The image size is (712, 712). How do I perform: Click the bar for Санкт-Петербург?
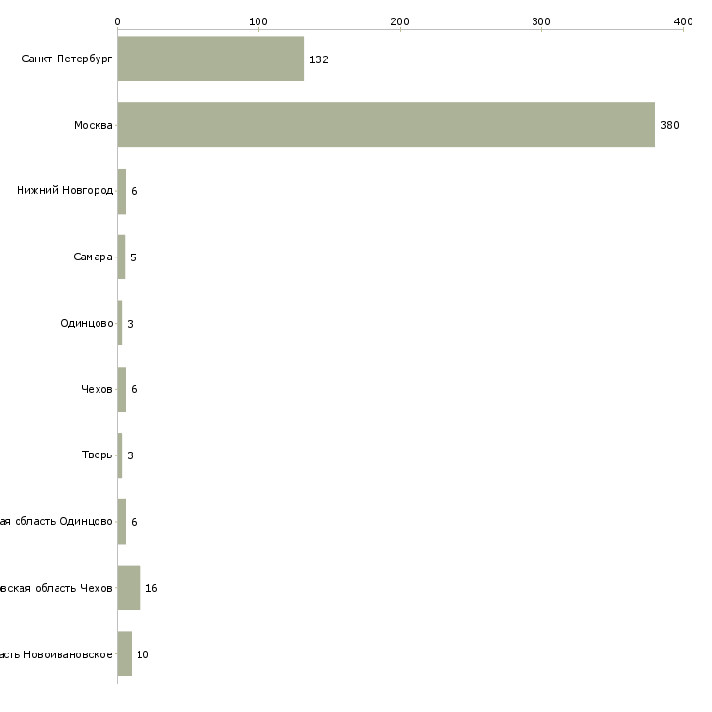tap(211, 59)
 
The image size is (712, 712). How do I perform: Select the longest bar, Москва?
tap(386, 125)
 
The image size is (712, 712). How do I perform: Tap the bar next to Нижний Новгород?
tap(122, 191)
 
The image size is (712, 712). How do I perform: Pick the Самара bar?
tap(121, 257)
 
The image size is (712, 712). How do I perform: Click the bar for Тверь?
tap(120, 455)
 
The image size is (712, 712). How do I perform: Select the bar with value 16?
tap(129, 587)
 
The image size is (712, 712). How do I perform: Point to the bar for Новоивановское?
tap(125, 653)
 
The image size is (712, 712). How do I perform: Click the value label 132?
tap(318, 59)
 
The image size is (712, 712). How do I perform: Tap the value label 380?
tap(669, 126)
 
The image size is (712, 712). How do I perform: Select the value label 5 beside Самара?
tap(133, 257)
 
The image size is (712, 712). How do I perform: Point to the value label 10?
tap(142, 654)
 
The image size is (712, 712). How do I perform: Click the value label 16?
tap(151, 588)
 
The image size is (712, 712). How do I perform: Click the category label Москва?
tap(94, 125)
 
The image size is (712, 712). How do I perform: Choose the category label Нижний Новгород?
tap(64, 190)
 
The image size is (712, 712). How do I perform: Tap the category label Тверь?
tap(98, 455)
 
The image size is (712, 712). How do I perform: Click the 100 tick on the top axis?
tap(258, 20)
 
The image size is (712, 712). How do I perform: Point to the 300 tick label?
tap(541, 20)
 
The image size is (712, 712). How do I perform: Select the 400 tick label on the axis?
tap(683, 20)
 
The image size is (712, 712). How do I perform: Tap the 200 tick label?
tap(400, 20)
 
